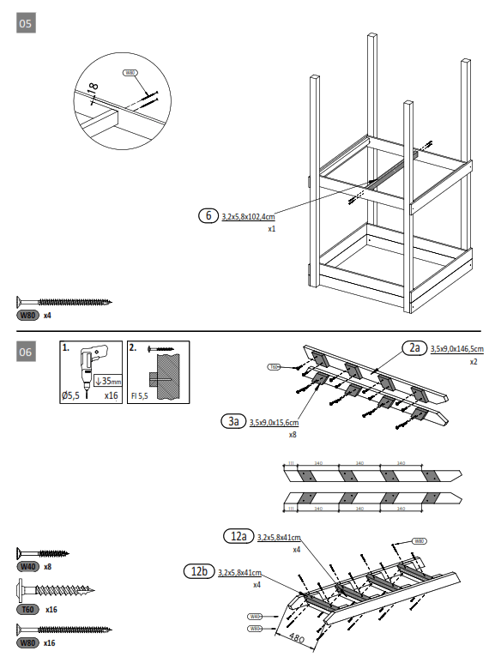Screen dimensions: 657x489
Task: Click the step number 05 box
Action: pos(26,23)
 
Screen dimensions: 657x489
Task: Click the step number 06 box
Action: pos(26,352)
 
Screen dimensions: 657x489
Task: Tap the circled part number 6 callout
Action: pos(208,216)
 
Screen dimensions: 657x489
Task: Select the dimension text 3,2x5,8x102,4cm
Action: pos(248,217)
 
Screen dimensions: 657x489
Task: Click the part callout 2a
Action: pos(414,347)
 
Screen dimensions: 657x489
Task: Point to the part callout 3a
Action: pos(232,421)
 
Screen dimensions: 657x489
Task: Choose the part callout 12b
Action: pos(199,571)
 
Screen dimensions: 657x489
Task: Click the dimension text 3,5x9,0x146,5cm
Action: pos(456,349)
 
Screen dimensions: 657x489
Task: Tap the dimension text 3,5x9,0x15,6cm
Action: pos(273,422)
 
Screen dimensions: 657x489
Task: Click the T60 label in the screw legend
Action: pos(28,609)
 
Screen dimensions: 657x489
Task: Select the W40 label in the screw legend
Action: pos(28,567)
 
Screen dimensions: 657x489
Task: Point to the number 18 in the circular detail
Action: pos(93,88)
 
